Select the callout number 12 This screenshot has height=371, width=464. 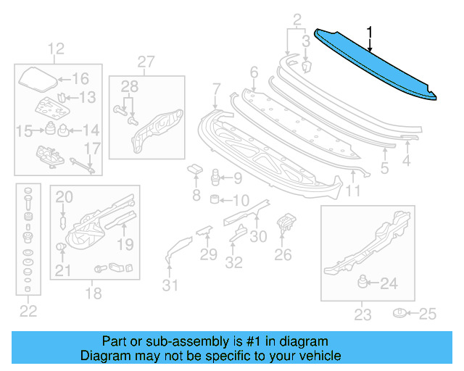click(x=56, y=49)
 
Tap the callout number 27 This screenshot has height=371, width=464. click(x=146, y=61)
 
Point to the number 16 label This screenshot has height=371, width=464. click(x=79, y=79)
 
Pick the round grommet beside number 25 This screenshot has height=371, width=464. click(x=399, y=313)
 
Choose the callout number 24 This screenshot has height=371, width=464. click(x=389, y=284)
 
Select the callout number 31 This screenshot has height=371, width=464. click(x=170, y=285)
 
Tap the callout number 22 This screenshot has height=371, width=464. click(x=28, y=312)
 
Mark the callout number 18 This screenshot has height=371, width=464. click(x=94, y=293)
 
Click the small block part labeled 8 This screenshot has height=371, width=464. click(x=195, y=170)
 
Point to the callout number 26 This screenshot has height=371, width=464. click(x=283, y=254)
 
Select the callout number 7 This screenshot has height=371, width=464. click(x=216, y=89)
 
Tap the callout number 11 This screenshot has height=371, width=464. click(x=352, y=191)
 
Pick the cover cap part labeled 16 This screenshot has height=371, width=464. click(x=36, y=77)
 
